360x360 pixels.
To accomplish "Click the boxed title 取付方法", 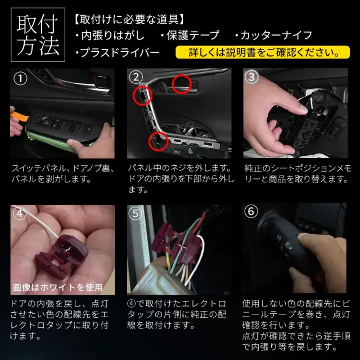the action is coord(38,35).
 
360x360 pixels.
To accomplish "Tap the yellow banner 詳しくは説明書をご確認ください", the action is coord(263,52).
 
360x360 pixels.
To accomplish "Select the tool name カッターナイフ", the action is coord(274,35).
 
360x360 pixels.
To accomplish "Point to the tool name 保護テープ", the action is coord(190,35).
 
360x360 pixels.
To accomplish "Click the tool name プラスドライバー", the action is coord(118,52).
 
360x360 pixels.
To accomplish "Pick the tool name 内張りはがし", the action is coord(110,35).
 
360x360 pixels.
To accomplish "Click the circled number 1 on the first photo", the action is coord(20,79).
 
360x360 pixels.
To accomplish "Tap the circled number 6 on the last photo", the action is coord(251,211).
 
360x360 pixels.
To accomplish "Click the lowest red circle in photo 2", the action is coord(158,141).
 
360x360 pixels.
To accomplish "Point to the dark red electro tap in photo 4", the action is coord(61,256).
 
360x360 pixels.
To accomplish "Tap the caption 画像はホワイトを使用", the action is coord(57,287).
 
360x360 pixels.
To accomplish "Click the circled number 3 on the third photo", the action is coord(251,77).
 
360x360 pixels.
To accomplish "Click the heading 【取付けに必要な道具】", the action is coord(129,20).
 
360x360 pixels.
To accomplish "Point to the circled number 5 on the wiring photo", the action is coord(136,214).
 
